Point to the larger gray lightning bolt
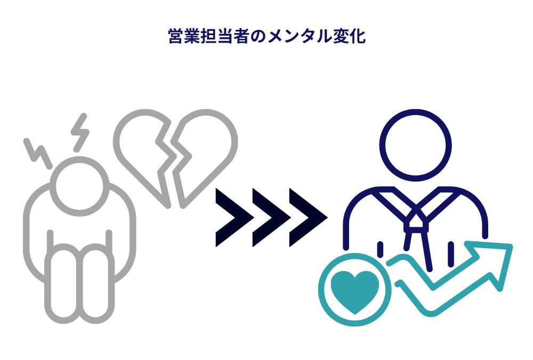click(81, 131)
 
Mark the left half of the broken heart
click(145, 152)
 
